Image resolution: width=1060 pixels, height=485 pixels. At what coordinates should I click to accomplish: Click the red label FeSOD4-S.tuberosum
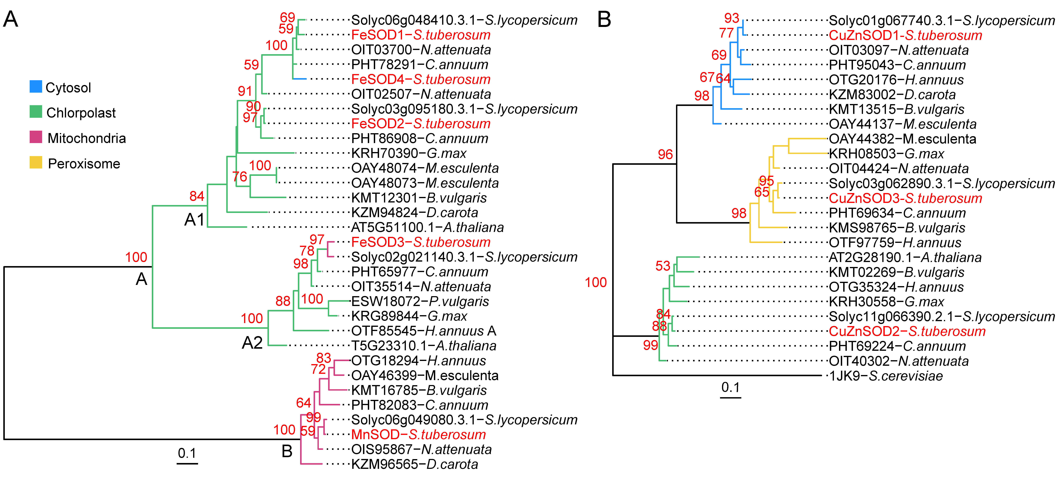click(421, 79)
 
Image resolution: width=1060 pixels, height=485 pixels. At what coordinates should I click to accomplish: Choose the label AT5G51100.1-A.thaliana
click(427, 227)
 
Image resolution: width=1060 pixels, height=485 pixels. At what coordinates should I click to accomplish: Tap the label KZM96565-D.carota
click(414, 464)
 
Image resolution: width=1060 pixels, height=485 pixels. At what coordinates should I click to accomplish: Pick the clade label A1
click(194, 220)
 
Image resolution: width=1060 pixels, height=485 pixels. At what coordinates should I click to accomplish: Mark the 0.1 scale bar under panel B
click(730, 397)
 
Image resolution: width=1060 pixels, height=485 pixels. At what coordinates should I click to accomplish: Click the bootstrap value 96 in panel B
click(665, 155)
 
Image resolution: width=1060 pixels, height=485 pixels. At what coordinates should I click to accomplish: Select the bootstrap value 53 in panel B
click(663, 266)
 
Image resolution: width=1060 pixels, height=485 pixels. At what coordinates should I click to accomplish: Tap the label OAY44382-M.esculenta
click(902, 139)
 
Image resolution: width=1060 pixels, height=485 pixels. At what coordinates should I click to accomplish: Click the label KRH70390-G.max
click(409, 153)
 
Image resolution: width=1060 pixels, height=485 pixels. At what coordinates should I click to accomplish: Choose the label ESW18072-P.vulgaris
click(420, 301)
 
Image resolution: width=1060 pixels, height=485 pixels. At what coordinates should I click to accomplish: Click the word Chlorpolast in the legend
click(81, 113)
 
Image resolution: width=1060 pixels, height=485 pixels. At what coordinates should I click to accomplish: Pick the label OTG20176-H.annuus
click(896, 80)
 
